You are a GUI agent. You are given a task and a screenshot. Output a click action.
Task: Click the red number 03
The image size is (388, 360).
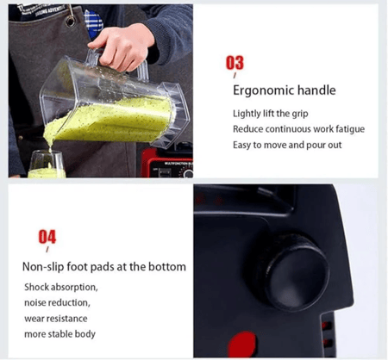coord(235,63)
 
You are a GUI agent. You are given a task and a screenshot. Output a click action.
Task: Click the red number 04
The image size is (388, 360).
coord(47,237)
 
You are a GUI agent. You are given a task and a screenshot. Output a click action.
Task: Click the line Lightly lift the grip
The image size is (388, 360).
coord(271,114)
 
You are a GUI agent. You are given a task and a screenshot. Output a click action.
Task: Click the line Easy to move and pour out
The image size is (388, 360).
coord(287,145)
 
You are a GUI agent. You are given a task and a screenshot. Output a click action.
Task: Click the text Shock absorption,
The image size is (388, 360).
coord(61,287)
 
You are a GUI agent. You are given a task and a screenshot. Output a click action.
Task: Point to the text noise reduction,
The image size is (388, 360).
coord(57,302)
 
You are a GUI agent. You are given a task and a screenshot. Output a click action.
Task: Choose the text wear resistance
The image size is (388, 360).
coord(56,319)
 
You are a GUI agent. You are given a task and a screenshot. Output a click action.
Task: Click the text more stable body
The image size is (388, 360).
coord(59,334)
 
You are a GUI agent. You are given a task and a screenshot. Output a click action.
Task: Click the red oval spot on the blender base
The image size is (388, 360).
coord(242,344)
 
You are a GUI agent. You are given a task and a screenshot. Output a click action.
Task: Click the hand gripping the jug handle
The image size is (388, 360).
coord(122,47)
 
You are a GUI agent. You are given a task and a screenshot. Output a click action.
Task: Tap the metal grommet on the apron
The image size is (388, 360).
coord(70,21)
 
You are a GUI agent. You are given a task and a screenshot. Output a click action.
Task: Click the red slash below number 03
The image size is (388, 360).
coord(235,76)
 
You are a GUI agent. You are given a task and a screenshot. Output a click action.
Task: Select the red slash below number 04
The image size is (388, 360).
coord(47,249)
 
